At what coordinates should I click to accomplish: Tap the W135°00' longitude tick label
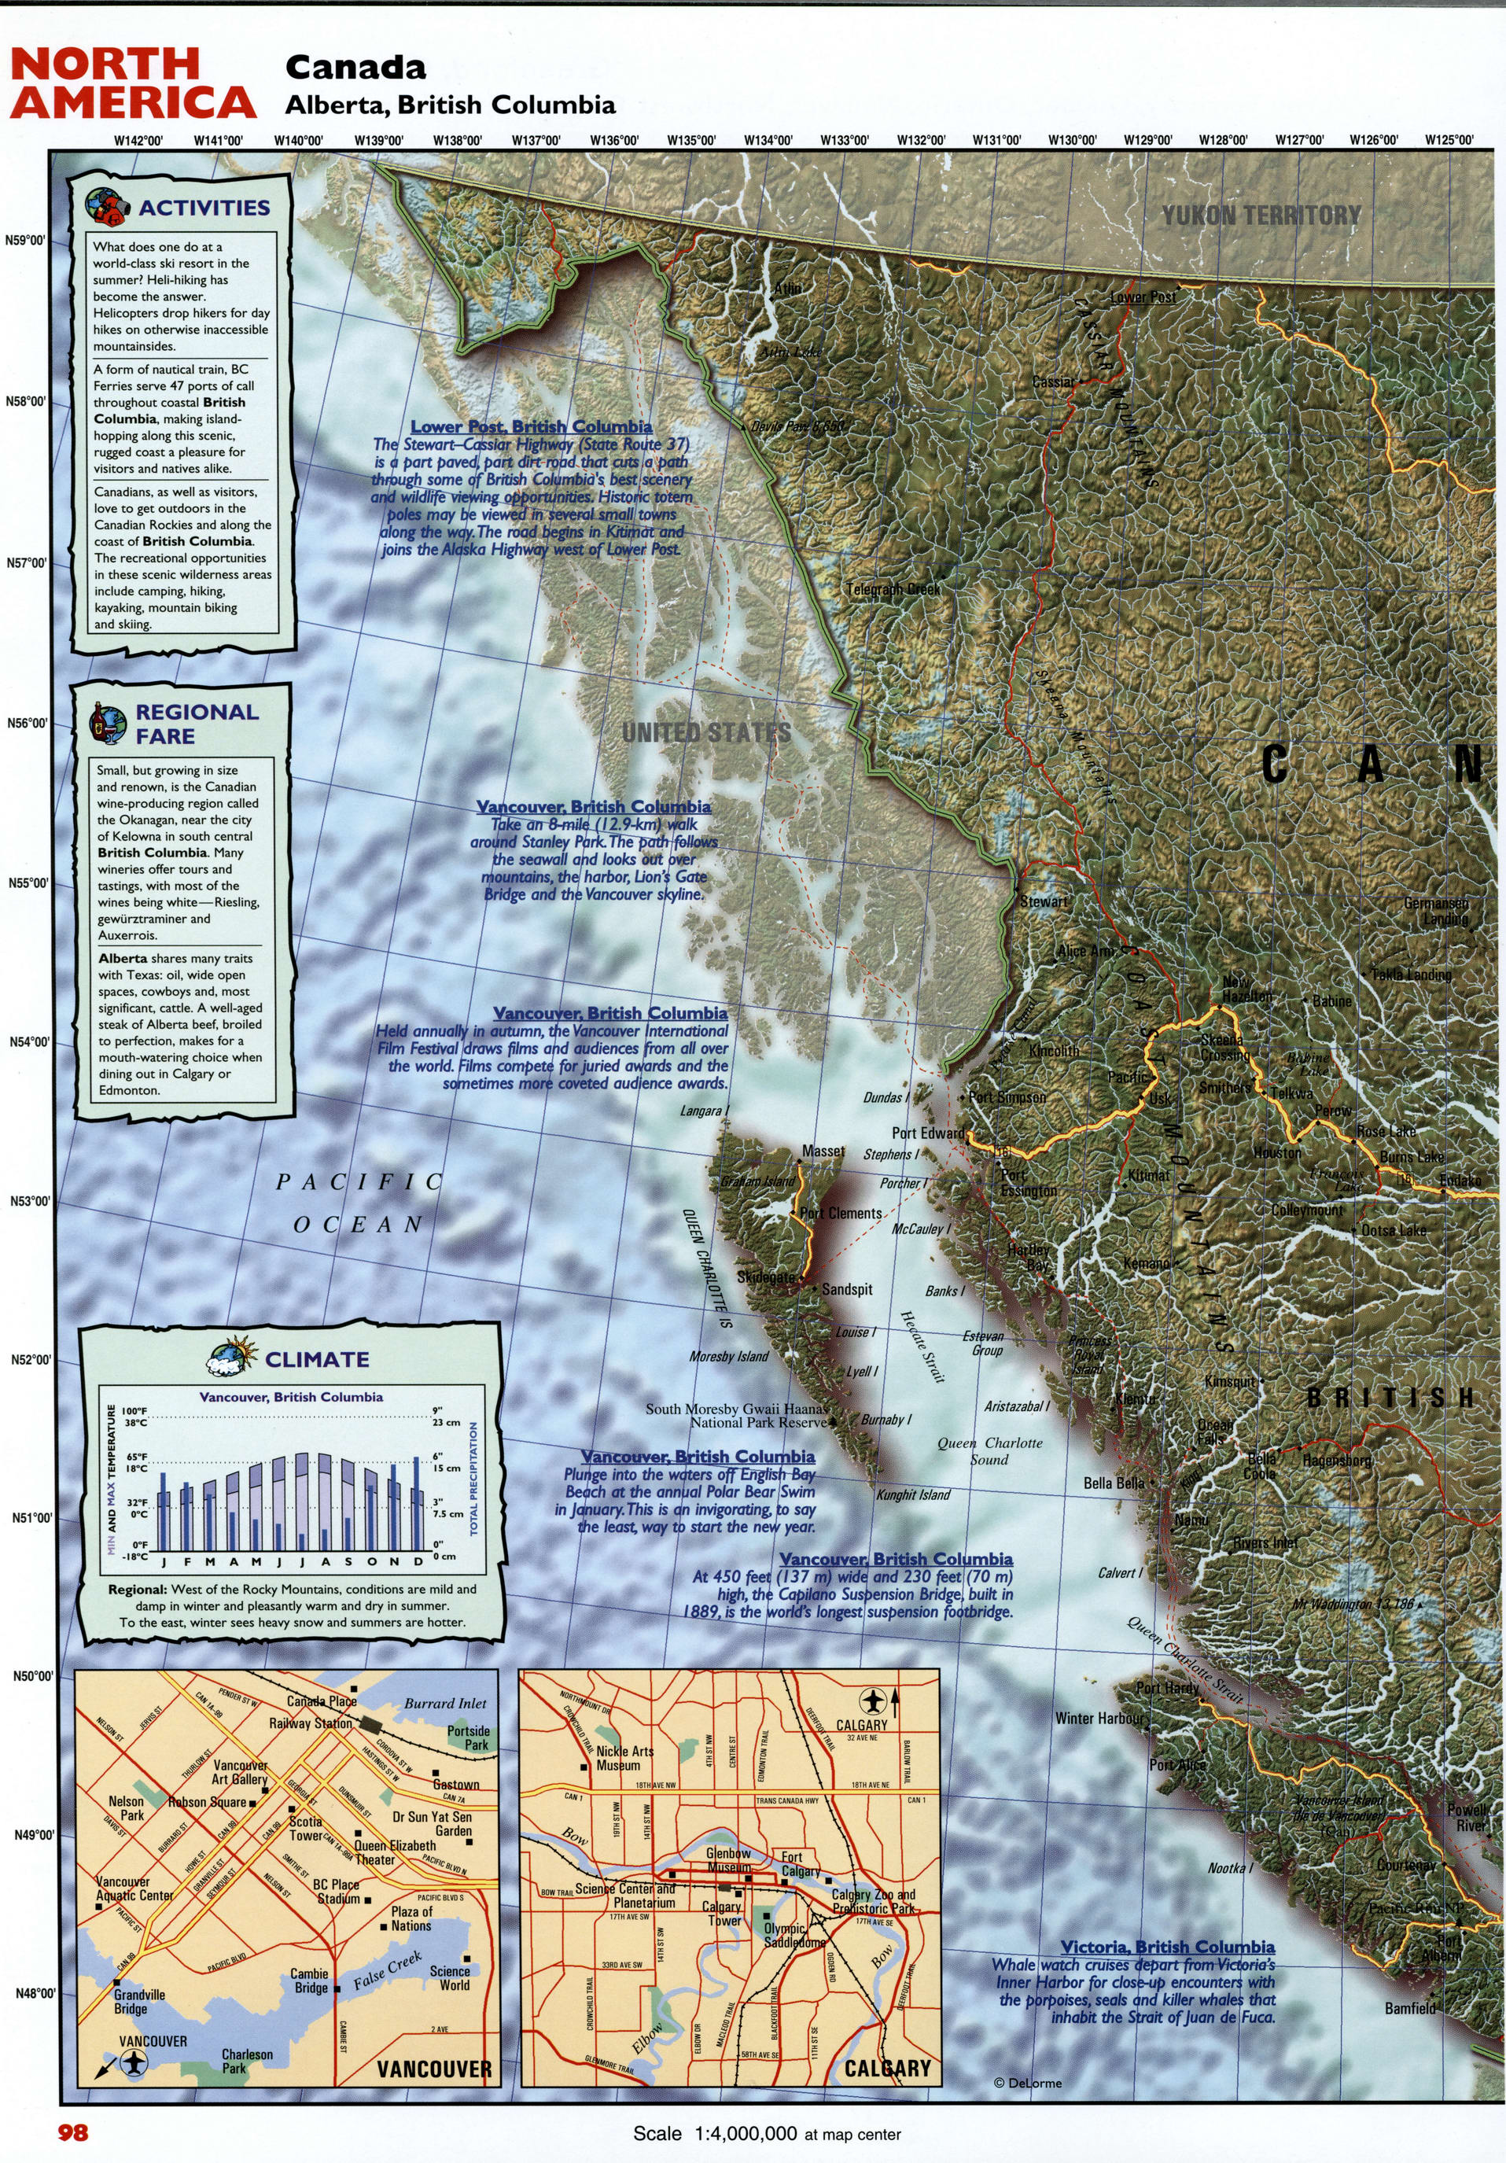tap(691, 140)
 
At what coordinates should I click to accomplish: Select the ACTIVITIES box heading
tap(204, 208)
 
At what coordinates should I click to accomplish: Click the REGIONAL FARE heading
tap(196, 724)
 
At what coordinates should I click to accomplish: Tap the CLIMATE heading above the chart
tap(316, 1359)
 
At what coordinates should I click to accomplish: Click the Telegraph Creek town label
tap(892, 589)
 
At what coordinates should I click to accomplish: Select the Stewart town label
tap(1044, 901)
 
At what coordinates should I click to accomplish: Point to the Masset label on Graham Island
tap(823, 1152)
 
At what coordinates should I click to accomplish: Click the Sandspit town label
tap(847, 1289)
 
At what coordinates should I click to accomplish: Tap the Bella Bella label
tap(1114, 1483)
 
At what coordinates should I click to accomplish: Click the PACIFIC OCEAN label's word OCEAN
tap(358, 1225)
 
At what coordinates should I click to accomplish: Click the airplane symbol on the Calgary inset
tap(872, 1701)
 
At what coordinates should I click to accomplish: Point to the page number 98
tap(72, 2132)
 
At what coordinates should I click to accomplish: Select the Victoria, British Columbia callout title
tap(1167, 1947)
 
